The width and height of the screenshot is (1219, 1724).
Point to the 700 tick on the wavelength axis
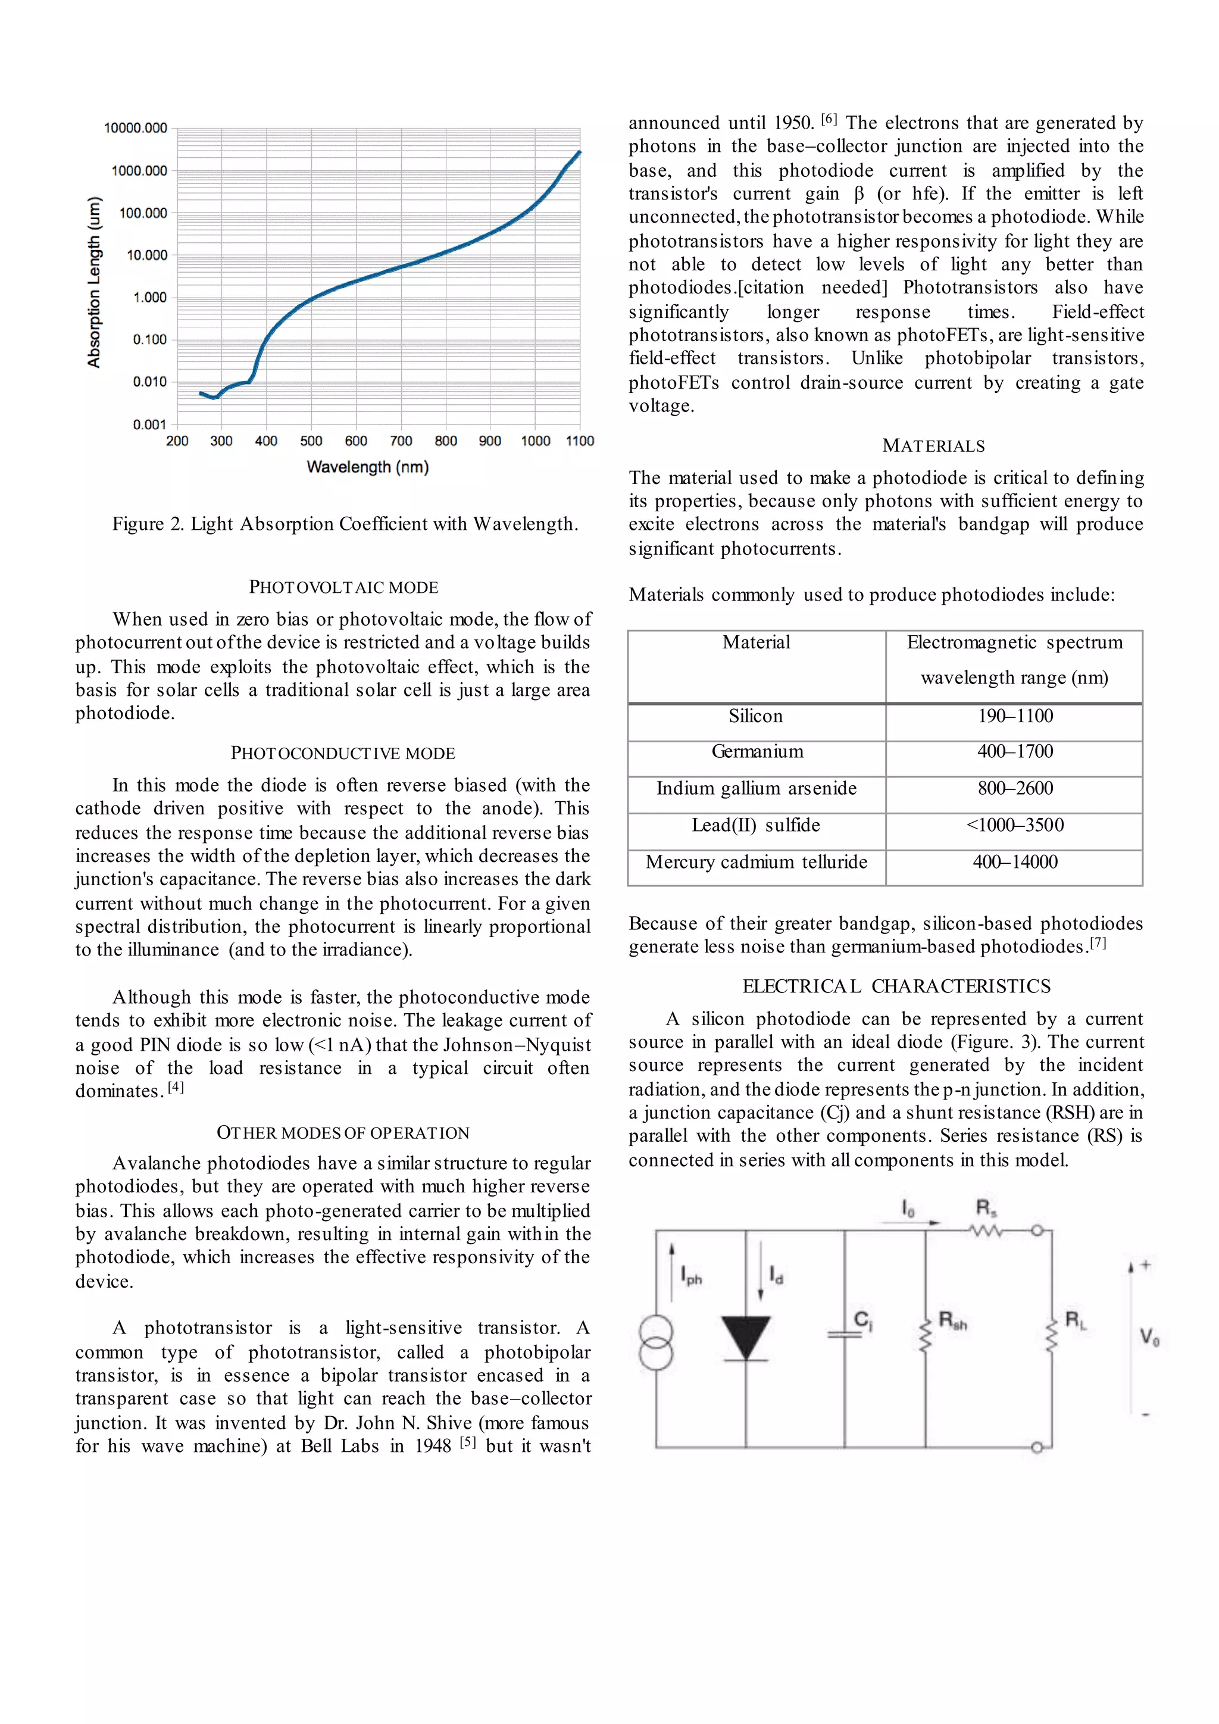pos(401,441)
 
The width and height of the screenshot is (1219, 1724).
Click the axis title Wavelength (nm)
pos(368,467)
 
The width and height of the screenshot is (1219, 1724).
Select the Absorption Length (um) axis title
pos(94,282)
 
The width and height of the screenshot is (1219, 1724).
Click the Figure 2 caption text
pos(345,524)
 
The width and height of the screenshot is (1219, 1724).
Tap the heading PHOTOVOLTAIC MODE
pos(344,587)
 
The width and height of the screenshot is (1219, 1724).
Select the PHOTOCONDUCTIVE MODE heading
pos(343,753)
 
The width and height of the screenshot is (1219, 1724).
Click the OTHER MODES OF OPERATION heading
pos(343,1132)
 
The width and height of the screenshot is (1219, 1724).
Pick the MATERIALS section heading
pos(933,446)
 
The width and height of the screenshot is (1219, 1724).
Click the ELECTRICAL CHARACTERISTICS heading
pos(896,986)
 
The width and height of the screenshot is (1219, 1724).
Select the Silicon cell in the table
pos(755,716)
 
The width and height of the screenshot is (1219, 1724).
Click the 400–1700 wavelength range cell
pos(1015,752)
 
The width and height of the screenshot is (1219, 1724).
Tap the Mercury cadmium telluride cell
pos(756,862)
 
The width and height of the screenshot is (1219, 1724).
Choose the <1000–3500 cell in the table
pos(1015,825)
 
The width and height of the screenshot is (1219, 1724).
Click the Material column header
pos(756,643)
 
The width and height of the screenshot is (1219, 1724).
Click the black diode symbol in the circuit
pos(745,1337)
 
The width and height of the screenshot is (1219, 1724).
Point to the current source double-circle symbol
pos(655,1344)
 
